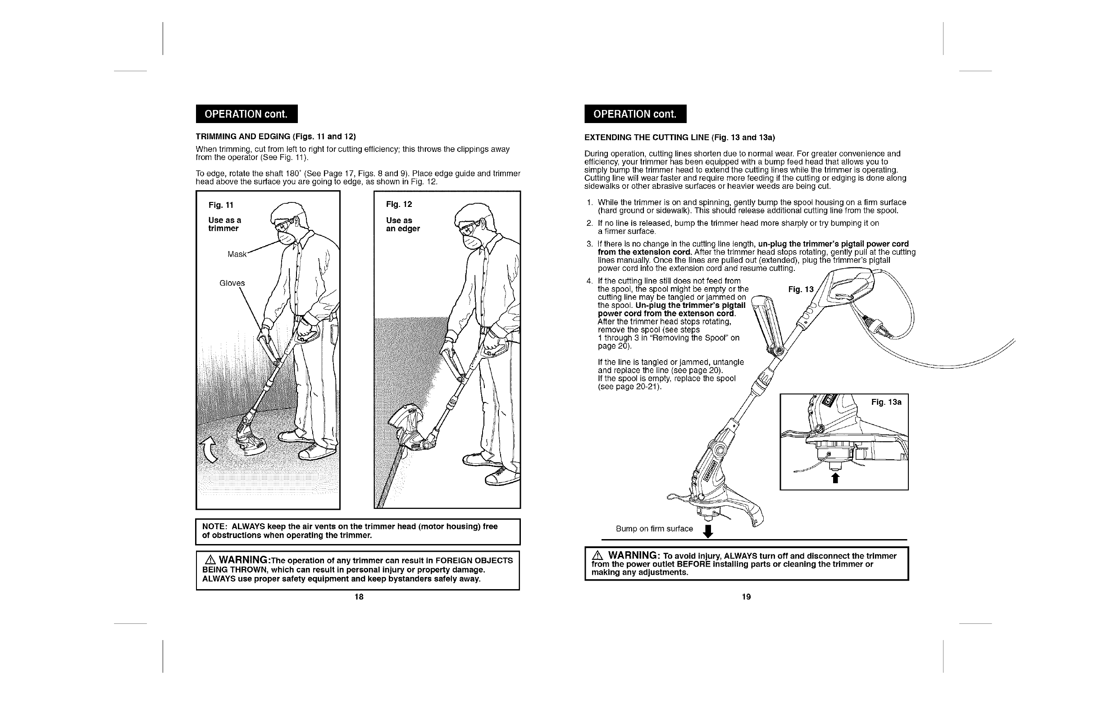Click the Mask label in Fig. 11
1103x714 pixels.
[237, 254]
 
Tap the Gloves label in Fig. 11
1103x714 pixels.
[232, 283]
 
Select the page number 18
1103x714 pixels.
[359, 597]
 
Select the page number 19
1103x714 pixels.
[746, 597]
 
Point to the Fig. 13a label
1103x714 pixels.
[886, 402]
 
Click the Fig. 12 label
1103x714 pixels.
[399, 205]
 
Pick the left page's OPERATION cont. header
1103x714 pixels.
[246, 114]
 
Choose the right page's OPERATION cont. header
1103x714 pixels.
[635, 114]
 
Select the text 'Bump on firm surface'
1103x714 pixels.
[654, 529]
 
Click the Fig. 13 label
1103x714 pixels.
[801, 290]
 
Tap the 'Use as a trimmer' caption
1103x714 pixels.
[224, 224]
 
